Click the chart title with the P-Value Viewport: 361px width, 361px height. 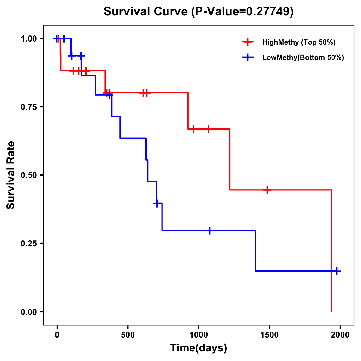coord(198,12)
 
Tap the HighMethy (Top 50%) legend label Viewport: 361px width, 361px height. coord(299,42)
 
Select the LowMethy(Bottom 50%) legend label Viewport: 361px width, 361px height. coord(303,57)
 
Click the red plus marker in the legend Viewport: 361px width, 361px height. coord(248,42)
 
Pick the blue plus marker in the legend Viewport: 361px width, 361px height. coord(248,57)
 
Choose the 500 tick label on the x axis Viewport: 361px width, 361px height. coord(128,335)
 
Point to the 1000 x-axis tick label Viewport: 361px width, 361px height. coord(199,335)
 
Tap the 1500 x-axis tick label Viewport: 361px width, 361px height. coord(269,335)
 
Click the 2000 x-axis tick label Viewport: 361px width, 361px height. coord(340,335)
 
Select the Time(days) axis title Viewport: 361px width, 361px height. coord(199,348)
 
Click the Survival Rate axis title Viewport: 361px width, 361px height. coord(11,175)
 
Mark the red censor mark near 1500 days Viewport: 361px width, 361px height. coord(267,190)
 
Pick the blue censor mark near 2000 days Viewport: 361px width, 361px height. coord(337,271)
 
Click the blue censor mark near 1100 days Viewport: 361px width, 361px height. coord(210,230)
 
